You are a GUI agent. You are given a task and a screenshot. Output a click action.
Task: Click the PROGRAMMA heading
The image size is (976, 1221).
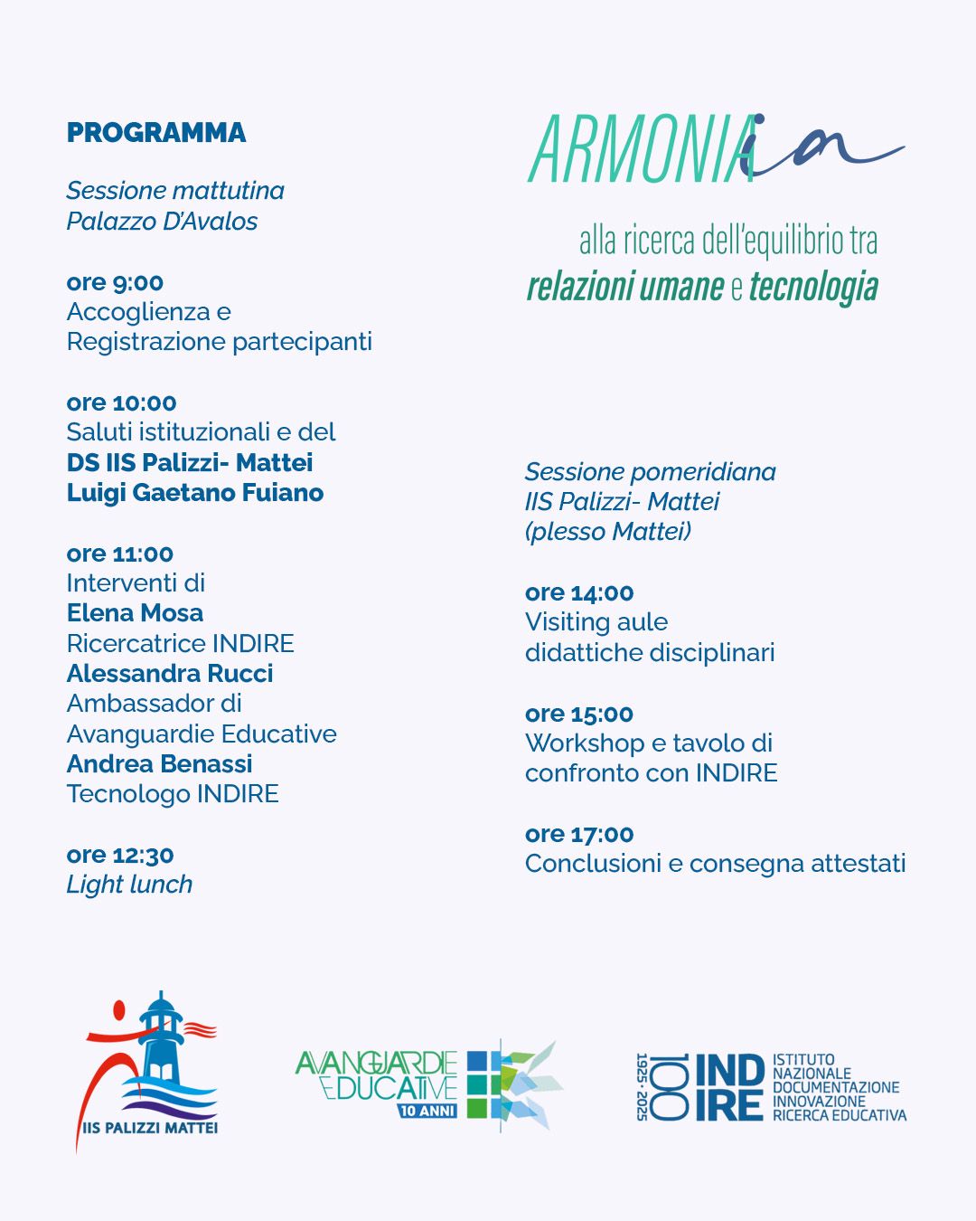pyautogui.click(x=156, y=133)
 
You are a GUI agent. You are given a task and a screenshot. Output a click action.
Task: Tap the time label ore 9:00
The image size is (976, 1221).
pyautogui.click(x=115, y=282)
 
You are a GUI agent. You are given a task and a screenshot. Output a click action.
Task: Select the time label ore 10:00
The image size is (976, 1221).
pyautogui.click(x=121, y=402)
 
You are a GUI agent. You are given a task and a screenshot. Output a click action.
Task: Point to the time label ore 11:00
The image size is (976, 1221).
pyautogui.click(x=119, y=554)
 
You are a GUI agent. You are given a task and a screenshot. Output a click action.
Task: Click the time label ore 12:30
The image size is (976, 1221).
pyautogui.click(x=120, y=855)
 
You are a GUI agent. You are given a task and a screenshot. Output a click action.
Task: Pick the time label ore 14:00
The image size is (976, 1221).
pyautogui.click(x=579, y=592)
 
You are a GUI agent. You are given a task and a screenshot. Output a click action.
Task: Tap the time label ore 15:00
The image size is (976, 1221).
pyautogui.click(x=579, y=714)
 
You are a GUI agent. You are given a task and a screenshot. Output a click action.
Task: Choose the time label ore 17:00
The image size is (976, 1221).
pyautogui.click(x=579, y=834)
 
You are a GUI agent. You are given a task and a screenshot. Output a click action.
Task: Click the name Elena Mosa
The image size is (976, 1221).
pyautogui.click(x=135, y=613)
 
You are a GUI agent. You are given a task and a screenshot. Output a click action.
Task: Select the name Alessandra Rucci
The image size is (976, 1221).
pyautogui.click(x=170, y=674)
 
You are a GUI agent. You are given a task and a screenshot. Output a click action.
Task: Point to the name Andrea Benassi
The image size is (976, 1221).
pyautogui.click(x=159, y=764)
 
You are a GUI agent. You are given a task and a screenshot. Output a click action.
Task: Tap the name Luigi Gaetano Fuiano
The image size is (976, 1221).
pyautogui.click(x=195, y=493)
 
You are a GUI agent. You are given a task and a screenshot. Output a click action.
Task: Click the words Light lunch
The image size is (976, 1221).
pyautogui.click(x=129, y=885)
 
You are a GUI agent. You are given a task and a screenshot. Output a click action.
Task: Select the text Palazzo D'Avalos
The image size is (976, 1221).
pyautogui.click(x=162, y=222)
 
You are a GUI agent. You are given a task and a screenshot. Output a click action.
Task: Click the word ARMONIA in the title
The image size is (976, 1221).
pyautogui.click(x=642, y=151)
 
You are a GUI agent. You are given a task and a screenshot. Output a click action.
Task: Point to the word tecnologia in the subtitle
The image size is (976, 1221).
pyautogui.click(x=813, y=287)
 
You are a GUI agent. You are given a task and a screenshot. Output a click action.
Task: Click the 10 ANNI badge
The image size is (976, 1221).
pyautogui.click(x=428, y=1111)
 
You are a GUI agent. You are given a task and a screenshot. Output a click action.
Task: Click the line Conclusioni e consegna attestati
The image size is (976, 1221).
pyautogui.click(x=715, y=864)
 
